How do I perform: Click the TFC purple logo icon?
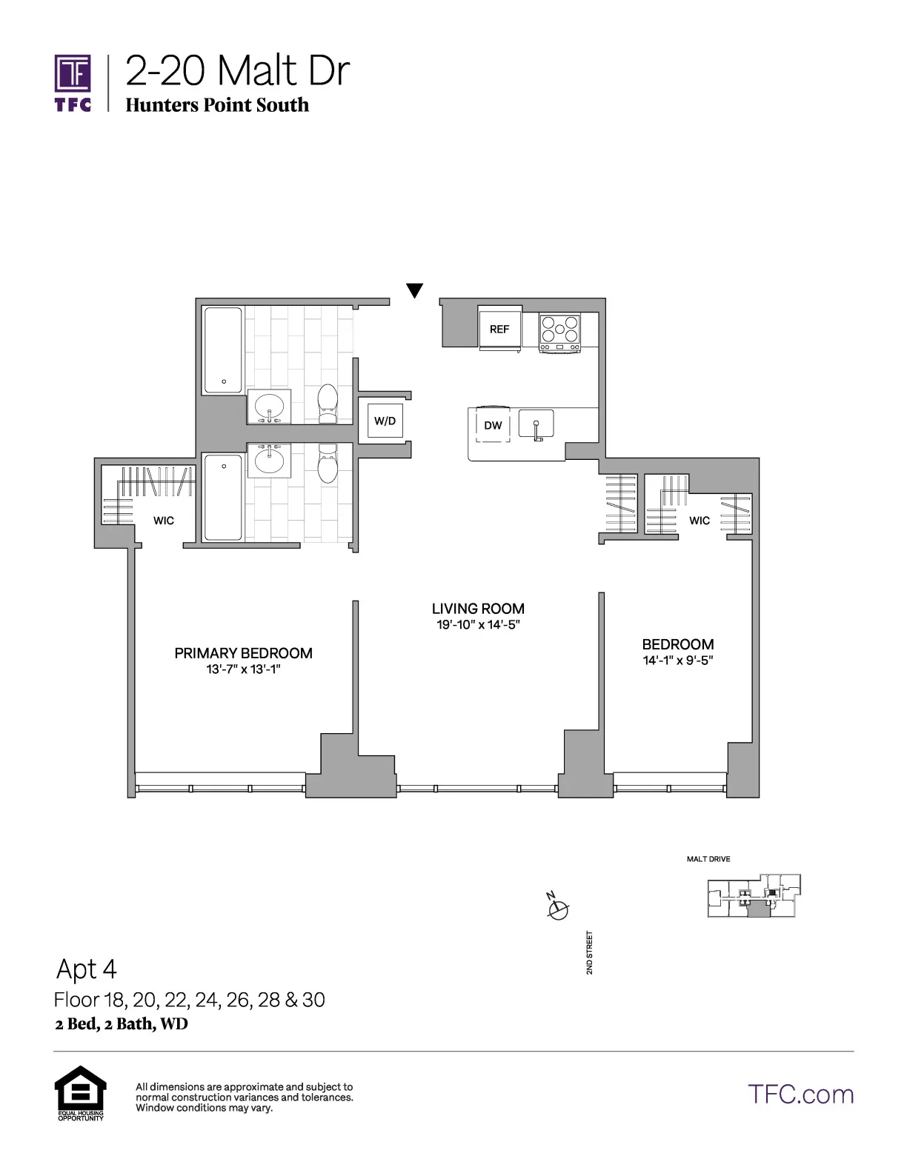coord(73,74)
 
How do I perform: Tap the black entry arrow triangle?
coord(415,290)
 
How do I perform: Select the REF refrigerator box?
coord(499,329)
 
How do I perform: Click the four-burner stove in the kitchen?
coord(559,332)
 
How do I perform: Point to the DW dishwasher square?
coord(493,425)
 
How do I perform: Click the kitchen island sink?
coord(536,424)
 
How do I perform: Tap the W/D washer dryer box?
coord(385,421)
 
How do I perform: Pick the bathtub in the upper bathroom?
coord(223,351)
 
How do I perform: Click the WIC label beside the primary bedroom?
coord(164,521)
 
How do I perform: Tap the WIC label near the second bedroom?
coord(700,521)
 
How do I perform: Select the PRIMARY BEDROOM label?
coord(243,653)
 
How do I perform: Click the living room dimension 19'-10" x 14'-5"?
coord(478,625)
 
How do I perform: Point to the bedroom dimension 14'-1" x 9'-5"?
coord(677,661)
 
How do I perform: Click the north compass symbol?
coord(557,908)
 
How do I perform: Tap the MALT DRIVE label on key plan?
coord(708,859)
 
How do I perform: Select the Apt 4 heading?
coord(87,969)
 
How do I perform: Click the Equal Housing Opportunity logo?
coord(81,1092)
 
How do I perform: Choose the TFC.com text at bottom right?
coord(800,1095)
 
